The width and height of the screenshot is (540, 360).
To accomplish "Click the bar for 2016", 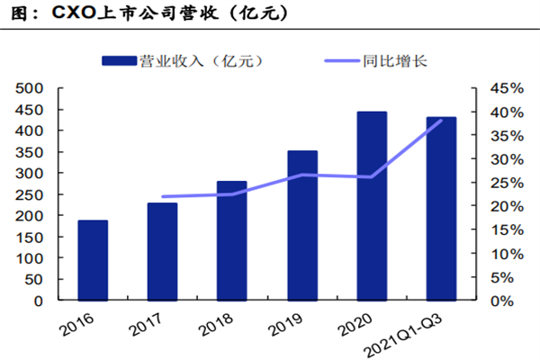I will (93, 260).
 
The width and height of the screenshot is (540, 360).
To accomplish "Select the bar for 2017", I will (162, 251).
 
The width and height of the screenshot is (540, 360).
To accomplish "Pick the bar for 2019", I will (301, 225).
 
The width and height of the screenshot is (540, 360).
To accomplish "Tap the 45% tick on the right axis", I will (502, 88).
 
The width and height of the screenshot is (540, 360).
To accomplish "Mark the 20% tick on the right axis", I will (502, 206).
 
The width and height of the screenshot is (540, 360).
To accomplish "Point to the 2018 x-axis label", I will (225, 321).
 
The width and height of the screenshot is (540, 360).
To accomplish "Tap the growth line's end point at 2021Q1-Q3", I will (441, 120).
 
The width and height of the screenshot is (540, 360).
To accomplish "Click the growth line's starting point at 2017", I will (163, 196).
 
